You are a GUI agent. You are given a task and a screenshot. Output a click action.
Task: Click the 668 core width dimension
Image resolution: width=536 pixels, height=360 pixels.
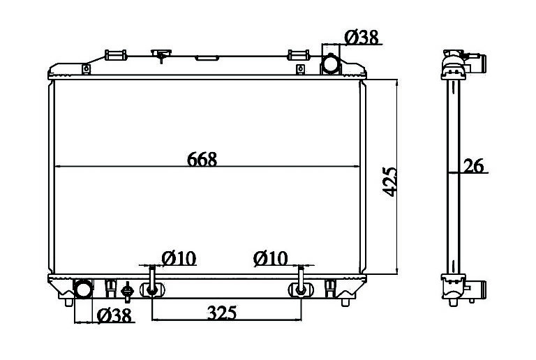pyautogui.click(x=202, y=160)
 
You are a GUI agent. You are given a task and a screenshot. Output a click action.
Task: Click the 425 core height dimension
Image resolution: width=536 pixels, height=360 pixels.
pyautogui.click(x=389, y=182)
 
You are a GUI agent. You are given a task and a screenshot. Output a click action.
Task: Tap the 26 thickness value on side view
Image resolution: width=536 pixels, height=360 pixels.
pyautogui.click(x=473, y=166)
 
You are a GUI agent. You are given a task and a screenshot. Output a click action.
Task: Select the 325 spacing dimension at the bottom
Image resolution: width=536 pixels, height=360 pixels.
pyautogui.click(x=222, y=313)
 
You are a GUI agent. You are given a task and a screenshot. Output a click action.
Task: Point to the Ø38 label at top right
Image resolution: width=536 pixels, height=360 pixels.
pyautogui.click(x=362, y=37)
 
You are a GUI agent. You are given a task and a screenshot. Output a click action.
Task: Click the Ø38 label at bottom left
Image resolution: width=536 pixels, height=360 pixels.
pyautogui.click(x=114, y=315)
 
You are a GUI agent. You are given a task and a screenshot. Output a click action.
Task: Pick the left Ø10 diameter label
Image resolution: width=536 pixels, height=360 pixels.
pyautogui.click(x=179, y=259)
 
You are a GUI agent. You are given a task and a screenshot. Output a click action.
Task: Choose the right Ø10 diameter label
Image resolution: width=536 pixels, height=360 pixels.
pyautogui.click(x=270, y=259)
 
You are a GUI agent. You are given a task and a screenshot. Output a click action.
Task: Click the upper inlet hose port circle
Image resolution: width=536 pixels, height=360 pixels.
pyautogui.click(x=331, y=64)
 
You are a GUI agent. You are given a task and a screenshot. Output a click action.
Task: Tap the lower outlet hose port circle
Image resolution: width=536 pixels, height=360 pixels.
pyautogui.click(x=83, y=290)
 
